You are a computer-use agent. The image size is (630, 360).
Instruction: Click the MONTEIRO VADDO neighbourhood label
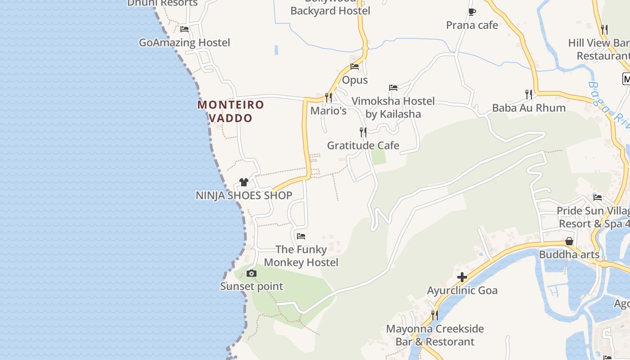coord(231,111)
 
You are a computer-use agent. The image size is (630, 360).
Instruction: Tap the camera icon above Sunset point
coord(252,273)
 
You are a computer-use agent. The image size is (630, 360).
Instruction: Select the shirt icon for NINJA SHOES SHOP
coord(244,182)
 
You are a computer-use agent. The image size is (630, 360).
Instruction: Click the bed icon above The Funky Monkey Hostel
coord(301,236)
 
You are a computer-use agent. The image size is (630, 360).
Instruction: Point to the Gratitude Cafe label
coord(363,145)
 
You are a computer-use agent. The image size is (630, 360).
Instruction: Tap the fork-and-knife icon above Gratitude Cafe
coord(363,132)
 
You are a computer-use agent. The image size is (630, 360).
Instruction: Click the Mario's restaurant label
coord(328,111)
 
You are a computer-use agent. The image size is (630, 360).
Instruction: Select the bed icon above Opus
coord(355,67)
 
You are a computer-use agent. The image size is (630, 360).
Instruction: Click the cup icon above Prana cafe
coord(472,12)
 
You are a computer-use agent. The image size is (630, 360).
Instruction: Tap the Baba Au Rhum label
coord(529,108)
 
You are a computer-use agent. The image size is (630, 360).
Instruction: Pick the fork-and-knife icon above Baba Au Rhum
coord(529,94)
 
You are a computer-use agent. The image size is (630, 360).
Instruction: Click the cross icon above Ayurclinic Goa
coord(462,277)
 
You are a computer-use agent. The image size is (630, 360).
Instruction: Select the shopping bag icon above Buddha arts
coord(569,242)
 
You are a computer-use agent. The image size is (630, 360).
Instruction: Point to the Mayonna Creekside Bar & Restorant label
coord(435,335)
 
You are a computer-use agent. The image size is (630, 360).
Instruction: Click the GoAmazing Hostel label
coord(184,43)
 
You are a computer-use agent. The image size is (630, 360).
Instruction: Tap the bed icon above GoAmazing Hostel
coord(184,29)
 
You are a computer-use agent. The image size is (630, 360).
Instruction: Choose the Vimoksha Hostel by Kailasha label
coord(393,108)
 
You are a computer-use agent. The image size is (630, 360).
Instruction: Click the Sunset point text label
coord(252,286)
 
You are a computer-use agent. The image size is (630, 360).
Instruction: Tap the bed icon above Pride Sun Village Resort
coord(598,198)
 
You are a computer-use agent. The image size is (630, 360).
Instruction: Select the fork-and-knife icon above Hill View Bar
coord(604,30)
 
